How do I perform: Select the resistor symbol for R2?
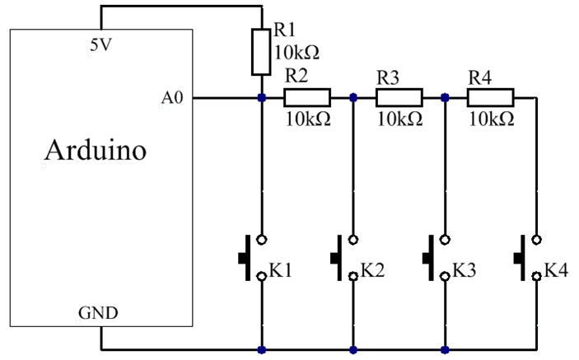point(307,97)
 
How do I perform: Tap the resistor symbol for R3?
point(399,97)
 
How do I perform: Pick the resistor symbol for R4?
point(490,97)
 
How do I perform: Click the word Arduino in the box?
point(96,152)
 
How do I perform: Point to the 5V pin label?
point(101,45)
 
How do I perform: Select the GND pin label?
point(97,314)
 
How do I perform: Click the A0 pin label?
point(173,100)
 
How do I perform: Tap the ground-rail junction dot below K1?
point(262,350)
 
